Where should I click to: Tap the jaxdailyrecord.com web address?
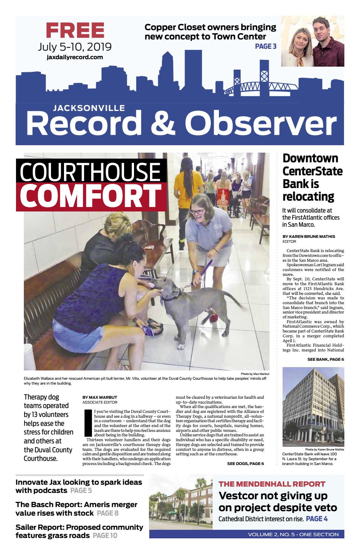click(x=75, y=57)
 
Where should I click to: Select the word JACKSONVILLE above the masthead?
click(x=89, y=108)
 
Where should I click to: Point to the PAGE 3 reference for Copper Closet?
click(x=265, y=47)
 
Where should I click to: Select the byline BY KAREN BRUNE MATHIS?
click(x=309, y=236)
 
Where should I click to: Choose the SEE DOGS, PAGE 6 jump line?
click(x=245, y=464)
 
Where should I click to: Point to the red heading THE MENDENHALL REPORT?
click(x=272, y=484)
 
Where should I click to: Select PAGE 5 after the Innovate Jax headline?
click(x=81, y=490)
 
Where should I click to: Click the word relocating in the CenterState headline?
click(x=308, y=196)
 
